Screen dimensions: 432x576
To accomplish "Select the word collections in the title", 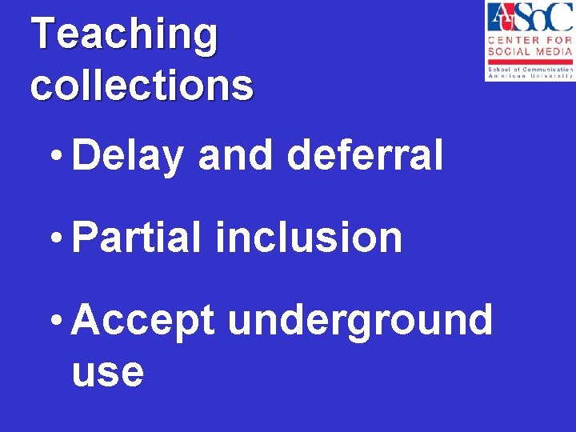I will [x=142, y=86].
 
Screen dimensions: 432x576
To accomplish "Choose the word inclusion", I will [x=309, y=238].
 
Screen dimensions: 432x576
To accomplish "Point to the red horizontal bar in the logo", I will [x=529, y=62].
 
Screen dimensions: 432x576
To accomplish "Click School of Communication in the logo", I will [x=529, y=70].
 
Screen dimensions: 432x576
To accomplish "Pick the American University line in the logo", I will [x=529, y=76].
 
